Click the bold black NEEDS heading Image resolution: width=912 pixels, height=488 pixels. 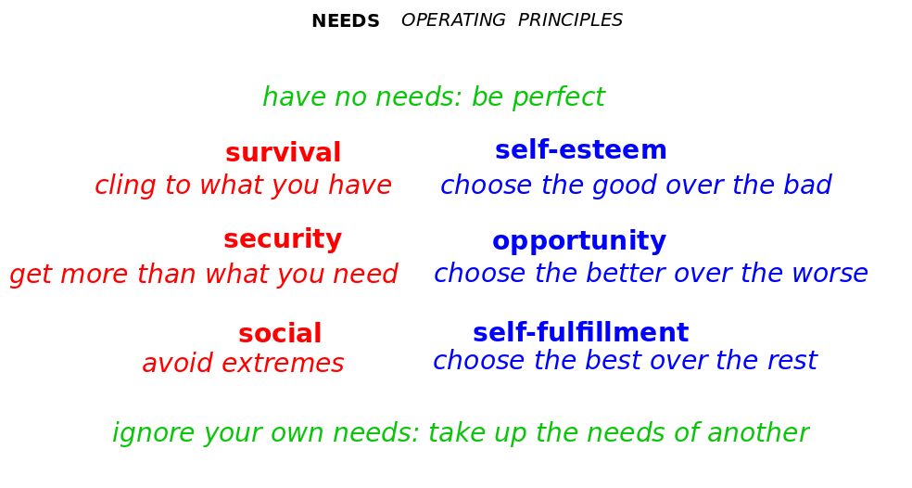[346, 21]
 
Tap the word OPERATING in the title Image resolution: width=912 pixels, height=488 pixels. [453, 20]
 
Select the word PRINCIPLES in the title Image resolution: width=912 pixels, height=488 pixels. [570, 20]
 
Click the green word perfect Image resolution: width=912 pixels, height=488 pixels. [558, 97]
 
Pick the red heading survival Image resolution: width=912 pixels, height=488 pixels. [284, 152]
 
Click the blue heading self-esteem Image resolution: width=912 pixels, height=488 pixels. [580, 150]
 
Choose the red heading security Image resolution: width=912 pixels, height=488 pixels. [283, 239]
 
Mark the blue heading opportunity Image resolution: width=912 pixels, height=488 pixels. [579, 241]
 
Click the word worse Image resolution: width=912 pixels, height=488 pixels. [833, 274]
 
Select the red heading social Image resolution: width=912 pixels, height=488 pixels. [280, 334]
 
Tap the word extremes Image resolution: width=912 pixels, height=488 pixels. [283, 364]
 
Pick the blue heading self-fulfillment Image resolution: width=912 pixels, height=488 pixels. [580, 332]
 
